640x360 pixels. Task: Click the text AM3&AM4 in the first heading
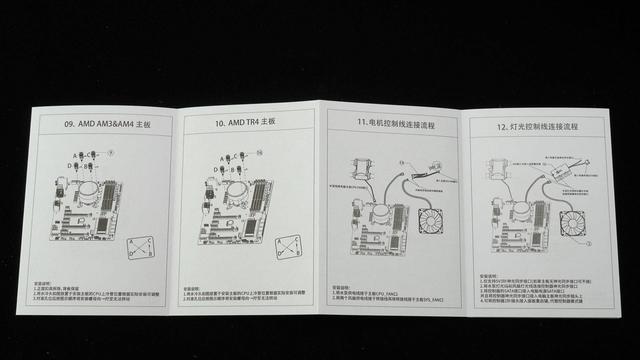click(x=111, y=125)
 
